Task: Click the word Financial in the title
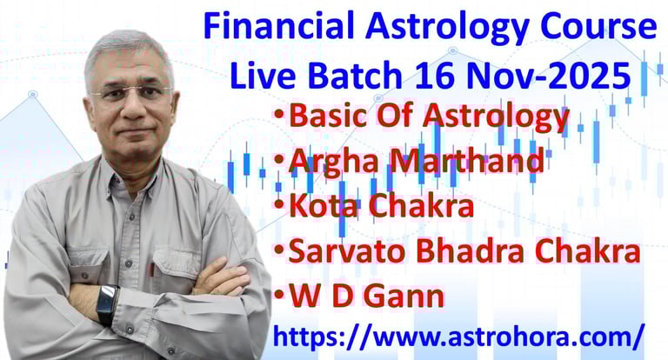(x=278, y=25)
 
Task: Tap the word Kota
(x=323, y=206)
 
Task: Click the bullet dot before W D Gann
(x=279, y=295)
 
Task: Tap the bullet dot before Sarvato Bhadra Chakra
(x=279, y=249)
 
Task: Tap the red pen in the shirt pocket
(x=151, y=270)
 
